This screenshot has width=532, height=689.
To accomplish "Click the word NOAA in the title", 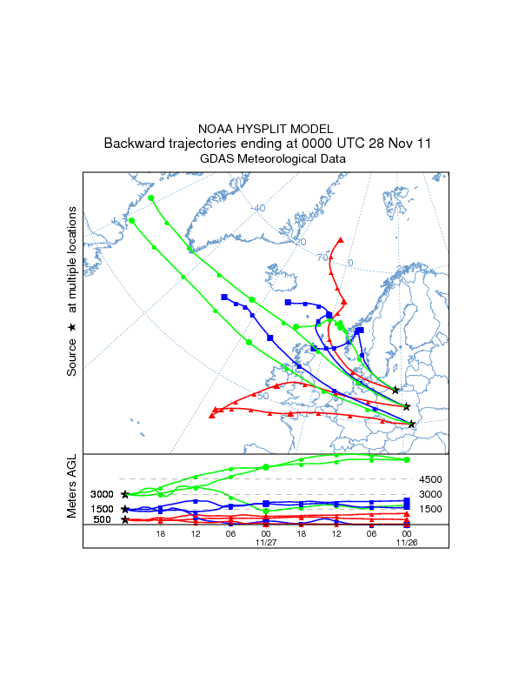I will [x=216, y=129].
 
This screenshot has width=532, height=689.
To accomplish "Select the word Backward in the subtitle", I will [x=134, y=144].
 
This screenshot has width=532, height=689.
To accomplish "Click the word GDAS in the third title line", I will [x=217, y=159].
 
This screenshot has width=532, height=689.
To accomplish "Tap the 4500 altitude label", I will [x=431, y=479].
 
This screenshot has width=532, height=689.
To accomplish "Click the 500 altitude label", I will [x=102, y=520].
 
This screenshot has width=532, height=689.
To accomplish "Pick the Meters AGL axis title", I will [x=71, y=485].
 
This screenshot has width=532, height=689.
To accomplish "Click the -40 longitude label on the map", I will [x=257, y=208].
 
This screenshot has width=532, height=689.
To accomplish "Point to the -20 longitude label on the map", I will [x=299, y=241].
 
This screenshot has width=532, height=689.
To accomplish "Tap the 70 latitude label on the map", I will [x=322, y=258].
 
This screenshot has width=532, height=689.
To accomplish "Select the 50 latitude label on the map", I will [x=263, y=396].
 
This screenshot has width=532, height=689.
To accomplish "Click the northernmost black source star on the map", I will [x=396, y=390].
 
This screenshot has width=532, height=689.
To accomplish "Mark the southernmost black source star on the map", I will [x=412, y=425].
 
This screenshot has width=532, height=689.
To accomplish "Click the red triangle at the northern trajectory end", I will [x=341, y=239].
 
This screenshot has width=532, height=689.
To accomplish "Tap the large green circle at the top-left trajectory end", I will [x=152, y=198].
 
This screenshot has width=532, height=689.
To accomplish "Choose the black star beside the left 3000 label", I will [x=125, y=494].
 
